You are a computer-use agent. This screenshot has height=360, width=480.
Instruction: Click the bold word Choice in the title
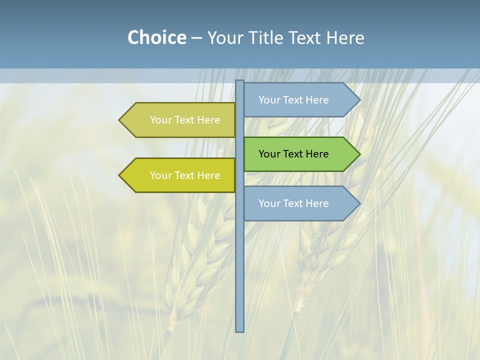pos(156,37)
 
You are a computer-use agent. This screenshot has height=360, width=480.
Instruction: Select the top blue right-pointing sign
pos(300,100)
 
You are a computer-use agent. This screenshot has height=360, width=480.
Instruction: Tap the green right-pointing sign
pos(300,154)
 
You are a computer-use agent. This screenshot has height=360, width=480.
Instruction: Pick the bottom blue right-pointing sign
pos(300,203)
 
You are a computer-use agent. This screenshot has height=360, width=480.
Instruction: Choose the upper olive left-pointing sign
pos(180,120)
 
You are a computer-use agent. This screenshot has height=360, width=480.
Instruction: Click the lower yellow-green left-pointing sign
pos(180,175)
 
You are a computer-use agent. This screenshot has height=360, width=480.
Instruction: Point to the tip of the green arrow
pos(359,154)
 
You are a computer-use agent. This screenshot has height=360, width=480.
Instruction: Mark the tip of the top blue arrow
pos(359,100)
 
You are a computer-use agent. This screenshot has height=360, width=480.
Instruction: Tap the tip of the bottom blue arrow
pos(359,203)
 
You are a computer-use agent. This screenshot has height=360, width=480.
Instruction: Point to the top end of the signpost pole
pos(240,81)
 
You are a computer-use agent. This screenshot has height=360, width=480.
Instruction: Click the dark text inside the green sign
pos(293,154)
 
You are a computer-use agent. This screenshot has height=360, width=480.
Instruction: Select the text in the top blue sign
pos(293,100)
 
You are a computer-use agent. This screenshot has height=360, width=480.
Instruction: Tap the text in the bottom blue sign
pos(293,203)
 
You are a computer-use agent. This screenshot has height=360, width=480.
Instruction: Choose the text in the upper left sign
pos(185,120)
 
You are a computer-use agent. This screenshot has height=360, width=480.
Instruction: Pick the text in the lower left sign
pos(185,175)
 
